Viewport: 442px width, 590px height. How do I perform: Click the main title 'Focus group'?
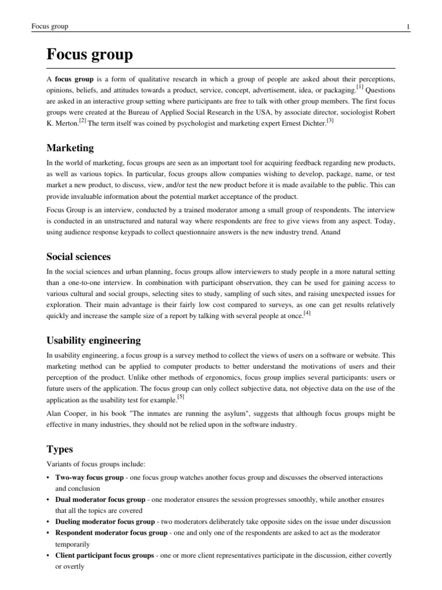point(89,55)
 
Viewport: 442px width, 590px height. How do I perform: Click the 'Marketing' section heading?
point(71,149)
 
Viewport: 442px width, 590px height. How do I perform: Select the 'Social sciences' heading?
point(79,256)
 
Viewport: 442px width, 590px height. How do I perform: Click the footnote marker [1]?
point(359,88)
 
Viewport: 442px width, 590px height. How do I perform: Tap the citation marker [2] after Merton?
point(83,120)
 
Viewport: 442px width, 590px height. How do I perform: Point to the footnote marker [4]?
point(307,313)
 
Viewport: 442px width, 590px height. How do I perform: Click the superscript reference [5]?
point(181,397)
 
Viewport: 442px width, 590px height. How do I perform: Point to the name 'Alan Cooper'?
point(64,414)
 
